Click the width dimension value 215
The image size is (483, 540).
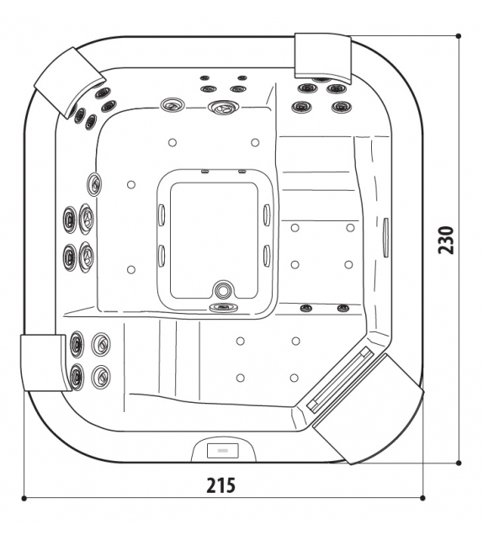pyautogui.click(x=220, y=485)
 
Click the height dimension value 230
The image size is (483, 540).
pyautogui.click(x=446, y=240)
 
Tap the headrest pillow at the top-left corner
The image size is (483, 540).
pyautogui.click(x=68, y=82)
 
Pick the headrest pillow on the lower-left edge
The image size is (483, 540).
pyautogui.click(x=44, y=363)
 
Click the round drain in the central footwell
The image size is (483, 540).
pyautogui.click(x=222, y=289)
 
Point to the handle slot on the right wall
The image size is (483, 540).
pyautogui.click(x=386, y=237)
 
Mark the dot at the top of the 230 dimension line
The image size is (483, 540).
pyautogui.click(x=459, y=36)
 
